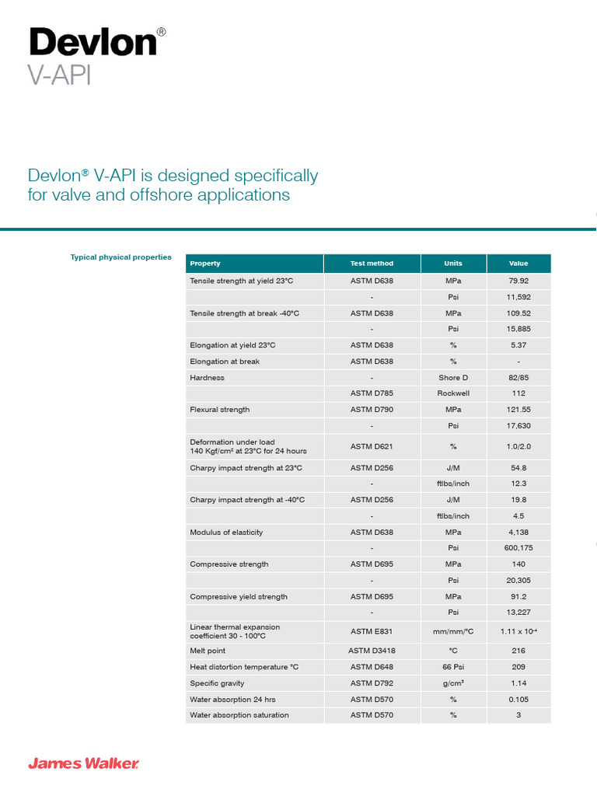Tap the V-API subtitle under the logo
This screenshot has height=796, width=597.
[x=59, y=76]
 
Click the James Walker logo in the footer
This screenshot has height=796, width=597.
[x=84, y=764]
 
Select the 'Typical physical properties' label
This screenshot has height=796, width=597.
[x=120, y=257]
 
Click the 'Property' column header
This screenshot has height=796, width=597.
[x=205, y=264]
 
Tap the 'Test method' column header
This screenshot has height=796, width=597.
[x=372, y=264]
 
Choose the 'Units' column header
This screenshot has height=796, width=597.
[x=452, y=264]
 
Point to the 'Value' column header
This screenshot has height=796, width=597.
[x=518, y=264]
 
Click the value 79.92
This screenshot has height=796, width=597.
[x=518, y=281]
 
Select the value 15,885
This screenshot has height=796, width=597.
[x=518, y=329]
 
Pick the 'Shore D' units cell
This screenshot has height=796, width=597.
[x=453, y=378]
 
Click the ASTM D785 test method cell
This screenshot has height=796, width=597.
[x=372, y=393]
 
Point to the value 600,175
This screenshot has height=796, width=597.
[x=518, y=548]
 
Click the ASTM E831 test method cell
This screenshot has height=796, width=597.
[x=372, y=631]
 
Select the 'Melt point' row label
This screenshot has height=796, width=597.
[x=208, y=651]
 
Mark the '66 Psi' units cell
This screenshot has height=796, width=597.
[x=453, y=667]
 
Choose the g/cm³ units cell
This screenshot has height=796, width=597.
[x=453, y=683]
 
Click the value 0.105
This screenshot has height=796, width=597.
[x=518, y=700]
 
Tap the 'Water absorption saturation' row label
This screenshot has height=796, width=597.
[x=239, y=715]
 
